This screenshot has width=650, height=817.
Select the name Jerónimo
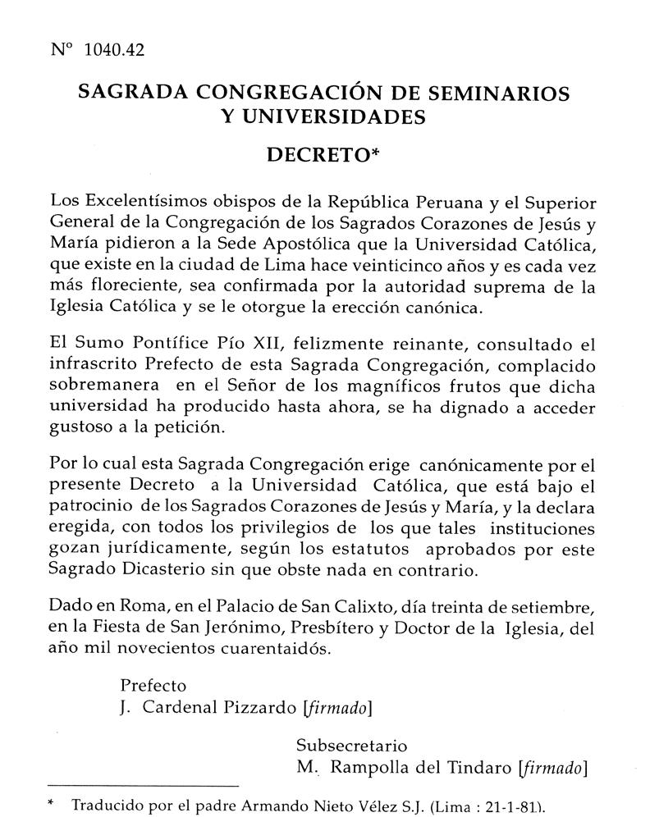click(x=263, y=630)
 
